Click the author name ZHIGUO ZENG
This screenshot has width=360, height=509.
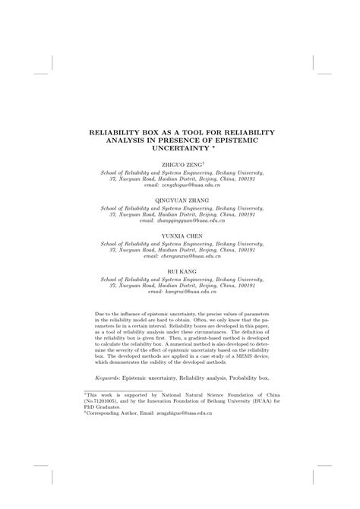(178, 164)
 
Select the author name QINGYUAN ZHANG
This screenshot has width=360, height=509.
(179, 200)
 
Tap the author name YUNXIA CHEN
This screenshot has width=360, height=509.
(179, 236)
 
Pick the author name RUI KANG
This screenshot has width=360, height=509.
(179, 271)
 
